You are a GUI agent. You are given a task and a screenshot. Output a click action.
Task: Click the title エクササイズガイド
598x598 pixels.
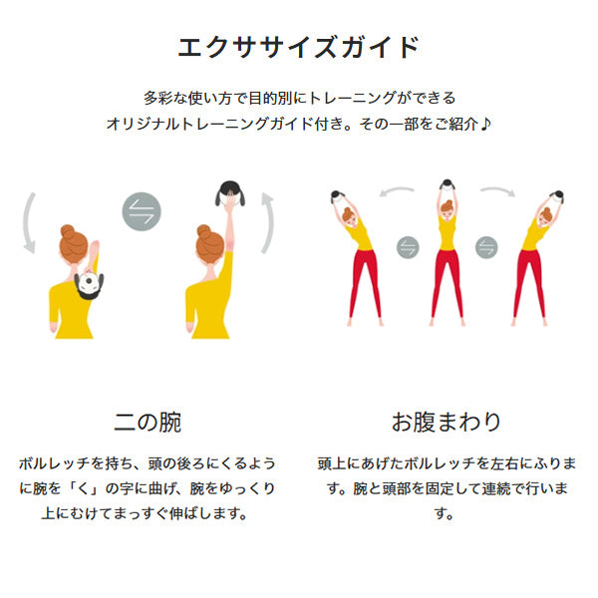[299, 47]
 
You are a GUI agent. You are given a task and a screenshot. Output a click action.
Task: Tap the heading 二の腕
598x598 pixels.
[148, 423]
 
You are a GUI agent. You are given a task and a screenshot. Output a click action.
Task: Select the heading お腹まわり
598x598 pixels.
[446, 422]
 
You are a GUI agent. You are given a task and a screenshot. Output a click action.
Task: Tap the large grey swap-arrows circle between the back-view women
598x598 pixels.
[142, 211]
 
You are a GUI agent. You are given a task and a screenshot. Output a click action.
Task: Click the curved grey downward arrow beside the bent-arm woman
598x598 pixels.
[28, 223]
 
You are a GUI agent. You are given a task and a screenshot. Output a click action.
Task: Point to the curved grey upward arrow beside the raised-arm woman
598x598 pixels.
[268, 222]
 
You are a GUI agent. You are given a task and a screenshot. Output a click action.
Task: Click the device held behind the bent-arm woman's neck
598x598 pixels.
[89, 284]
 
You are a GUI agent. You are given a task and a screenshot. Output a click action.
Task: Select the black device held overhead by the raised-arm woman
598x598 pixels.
[230, 193]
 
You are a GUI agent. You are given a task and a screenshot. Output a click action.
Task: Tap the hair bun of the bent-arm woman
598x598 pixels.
[68, 231]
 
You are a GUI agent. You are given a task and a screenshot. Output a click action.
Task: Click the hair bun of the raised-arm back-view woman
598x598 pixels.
[204, 232]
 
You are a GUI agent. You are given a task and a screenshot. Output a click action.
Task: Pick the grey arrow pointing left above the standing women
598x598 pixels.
[397, 190]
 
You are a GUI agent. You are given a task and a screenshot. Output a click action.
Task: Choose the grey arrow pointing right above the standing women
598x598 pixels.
[497, 190]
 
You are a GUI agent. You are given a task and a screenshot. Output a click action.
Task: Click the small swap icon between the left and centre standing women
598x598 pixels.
[408, 247]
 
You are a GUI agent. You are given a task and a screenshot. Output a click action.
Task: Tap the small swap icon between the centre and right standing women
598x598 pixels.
[486, 247]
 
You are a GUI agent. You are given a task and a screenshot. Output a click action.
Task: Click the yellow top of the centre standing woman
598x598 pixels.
[447, 232]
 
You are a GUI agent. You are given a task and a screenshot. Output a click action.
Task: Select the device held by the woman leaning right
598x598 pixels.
[557, 196]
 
